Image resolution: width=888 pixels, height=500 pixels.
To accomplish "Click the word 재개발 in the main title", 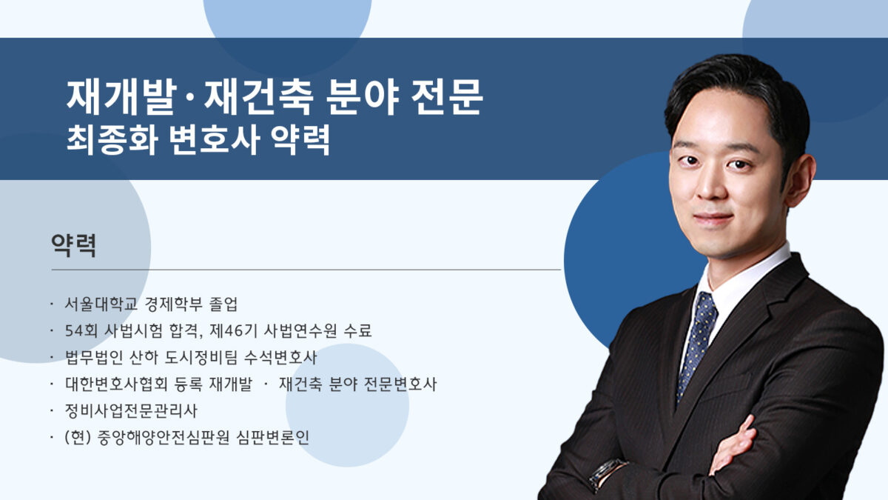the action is click(121, 96).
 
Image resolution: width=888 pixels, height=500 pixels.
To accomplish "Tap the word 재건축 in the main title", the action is click(259, 96).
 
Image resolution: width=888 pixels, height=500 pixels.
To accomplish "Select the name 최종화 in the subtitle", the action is click(112, 140).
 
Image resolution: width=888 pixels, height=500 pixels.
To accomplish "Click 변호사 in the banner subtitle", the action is click(215, 140).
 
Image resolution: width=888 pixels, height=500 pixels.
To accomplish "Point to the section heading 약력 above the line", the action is click(74, 245).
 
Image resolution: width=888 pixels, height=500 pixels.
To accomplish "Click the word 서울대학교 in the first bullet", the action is click(101, 304).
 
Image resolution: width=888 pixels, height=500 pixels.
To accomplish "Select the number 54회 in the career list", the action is click(81, 330).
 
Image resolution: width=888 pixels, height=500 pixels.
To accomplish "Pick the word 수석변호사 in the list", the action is click(280, 357).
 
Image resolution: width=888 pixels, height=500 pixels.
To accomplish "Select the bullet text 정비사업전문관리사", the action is click(131, 410).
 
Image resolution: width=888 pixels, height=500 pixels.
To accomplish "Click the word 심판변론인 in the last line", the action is click(272, 437).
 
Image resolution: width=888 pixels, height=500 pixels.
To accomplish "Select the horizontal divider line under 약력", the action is click(306, 270).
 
